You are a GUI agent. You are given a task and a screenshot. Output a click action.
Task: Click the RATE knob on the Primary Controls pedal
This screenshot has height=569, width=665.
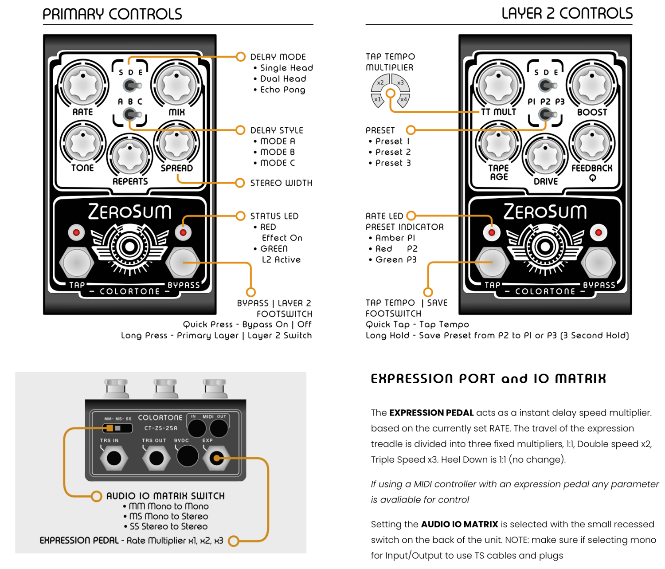point(83,85)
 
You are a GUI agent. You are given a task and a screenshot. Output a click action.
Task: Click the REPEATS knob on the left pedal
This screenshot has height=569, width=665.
point(129,157)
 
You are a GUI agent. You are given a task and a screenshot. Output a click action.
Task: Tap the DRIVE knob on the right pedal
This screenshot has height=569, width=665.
point(545,157)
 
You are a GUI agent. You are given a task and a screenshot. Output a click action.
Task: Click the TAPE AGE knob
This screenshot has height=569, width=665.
point(498,143)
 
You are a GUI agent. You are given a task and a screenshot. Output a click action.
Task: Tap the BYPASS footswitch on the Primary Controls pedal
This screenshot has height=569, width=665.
point(183,263)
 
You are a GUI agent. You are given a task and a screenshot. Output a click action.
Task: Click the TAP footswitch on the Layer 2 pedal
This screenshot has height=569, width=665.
point(492,263)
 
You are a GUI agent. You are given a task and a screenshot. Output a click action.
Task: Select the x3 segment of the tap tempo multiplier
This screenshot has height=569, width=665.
point(400,82)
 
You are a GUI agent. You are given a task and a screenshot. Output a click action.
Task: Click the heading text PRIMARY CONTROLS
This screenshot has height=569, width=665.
point(112,14)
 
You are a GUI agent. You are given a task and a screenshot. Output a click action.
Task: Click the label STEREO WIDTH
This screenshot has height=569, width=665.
point(281,183)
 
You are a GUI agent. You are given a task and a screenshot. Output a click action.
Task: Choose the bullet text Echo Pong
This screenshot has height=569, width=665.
point(282,90)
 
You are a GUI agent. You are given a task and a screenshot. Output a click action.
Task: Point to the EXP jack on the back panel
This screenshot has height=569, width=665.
point(216,458)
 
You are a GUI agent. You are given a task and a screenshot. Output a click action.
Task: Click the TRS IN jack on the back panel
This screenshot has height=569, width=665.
point(114,458)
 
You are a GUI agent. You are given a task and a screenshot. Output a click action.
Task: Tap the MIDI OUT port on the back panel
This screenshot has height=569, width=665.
point(219,428)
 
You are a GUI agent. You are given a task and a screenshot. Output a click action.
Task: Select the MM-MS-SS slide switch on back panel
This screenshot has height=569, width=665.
point(117,428)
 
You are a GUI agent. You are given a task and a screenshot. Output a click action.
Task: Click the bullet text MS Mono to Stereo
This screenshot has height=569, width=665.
point(168,516)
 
